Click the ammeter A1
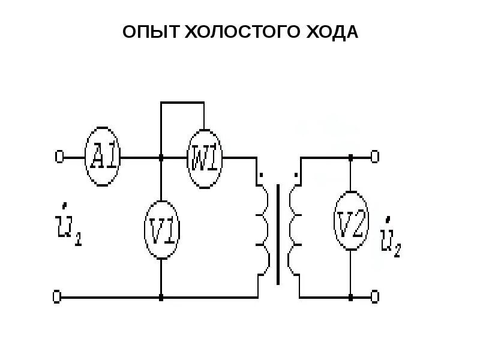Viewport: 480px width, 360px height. coord(103,157)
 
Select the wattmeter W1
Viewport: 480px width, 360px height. coord(205,158)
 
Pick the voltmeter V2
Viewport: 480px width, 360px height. coord(350,224)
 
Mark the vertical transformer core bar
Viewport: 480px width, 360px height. coord(278,234)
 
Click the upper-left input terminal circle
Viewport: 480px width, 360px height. coord(59,157)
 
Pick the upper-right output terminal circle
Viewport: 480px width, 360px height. coord(375,157)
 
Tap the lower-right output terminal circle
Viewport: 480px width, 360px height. coord(375,296)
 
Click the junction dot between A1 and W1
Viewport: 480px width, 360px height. coord(161,158)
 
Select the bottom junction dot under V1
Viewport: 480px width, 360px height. coord(161,296)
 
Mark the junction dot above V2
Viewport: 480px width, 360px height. coord(350,158)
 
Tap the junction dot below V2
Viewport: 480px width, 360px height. coord(350,296)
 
